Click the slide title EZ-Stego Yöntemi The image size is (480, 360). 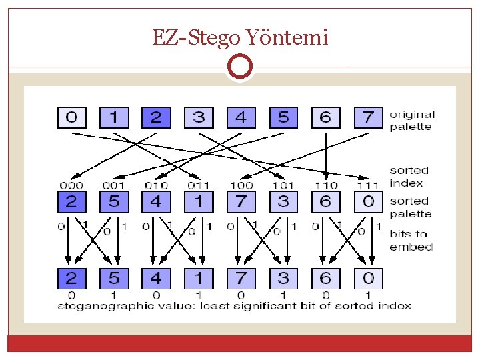(240, 37)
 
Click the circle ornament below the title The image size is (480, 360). (240, 67)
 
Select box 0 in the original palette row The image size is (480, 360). (71, 118)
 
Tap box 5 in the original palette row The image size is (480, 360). (283, 118)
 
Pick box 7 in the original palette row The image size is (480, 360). (368, 118)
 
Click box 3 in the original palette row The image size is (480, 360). (199, 118)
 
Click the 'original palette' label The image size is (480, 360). (411, 121)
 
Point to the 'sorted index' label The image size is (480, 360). (409, 177)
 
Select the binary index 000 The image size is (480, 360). (71, 185)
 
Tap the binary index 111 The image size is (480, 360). (368, 185)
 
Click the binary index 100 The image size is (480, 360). (241, 185)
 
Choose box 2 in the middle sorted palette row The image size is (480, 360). (71, 201)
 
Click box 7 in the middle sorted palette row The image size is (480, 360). (241, 201)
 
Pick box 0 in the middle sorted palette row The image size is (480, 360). (368, 201)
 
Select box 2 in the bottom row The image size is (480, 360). (71, 277)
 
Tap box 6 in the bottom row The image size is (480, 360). (326, 277)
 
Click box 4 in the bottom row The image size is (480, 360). (156, 277)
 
